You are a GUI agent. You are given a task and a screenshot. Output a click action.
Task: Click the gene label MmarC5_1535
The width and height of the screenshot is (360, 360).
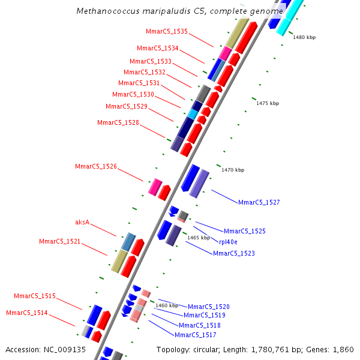(167, 31)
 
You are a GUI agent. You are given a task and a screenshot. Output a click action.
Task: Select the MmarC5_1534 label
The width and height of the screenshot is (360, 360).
(158, 48)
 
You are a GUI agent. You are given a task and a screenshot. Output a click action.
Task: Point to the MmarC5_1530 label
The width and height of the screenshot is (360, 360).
(133, 94)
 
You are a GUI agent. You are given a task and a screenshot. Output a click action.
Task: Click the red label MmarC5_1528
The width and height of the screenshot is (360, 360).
(118, 122)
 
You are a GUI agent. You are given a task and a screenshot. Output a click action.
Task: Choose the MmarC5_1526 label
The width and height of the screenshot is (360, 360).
(96, 166)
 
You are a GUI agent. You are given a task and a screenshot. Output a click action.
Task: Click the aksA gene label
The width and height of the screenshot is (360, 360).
(82, 222)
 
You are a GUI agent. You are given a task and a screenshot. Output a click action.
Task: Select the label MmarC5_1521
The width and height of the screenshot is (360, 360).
(60, 241)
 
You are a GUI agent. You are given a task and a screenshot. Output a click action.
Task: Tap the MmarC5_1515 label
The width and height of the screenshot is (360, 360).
(35, 296)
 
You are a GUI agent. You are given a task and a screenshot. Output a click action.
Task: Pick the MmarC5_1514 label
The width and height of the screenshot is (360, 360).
(27, 313)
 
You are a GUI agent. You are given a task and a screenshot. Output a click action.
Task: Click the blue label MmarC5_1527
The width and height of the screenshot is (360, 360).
(259, 202)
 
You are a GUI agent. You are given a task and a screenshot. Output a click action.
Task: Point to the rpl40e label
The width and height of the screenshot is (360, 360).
(228, 242)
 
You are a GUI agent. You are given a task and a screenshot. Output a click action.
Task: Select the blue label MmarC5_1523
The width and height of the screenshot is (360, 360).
(234, 253)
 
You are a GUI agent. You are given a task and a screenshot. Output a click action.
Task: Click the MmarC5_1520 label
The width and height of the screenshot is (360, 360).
(209, 307)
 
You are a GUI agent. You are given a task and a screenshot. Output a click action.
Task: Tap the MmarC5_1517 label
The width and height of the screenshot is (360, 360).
(196, 335)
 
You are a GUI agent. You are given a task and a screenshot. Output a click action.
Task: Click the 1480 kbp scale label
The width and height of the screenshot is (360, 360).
(304, 37)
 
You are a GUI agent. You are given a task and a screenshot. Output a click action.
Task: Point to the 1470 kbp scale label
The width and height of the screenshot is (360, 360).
(233, 170)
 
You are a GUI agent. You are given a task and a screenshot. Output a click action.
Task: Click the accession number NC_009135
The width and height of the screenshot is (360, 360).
(66, 349)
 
